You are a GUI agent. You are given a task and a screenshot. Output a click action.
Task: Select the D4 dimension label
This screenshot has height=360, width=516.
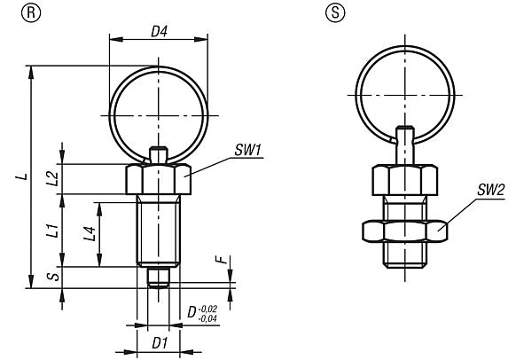[x=159, y=32]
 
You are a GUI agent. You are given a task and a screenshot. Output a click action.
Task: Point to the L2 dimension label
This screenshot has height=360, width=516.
[x=52, y=177]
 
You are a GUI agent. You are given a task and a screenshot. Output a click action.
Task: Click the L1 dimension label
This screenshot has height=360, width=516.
[x=52, y=232]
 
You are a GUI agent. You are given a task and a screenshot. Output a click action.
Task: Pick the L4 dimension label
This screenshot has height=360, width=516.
[x=90, y=234]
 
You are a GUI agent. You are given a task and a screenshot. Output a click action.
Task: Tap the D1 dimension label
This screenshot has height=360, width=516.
[x=159, y=341]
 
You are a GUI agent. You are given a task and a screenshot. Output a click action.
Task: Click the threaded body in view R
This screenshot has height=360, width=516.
[x=158, y=232]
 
